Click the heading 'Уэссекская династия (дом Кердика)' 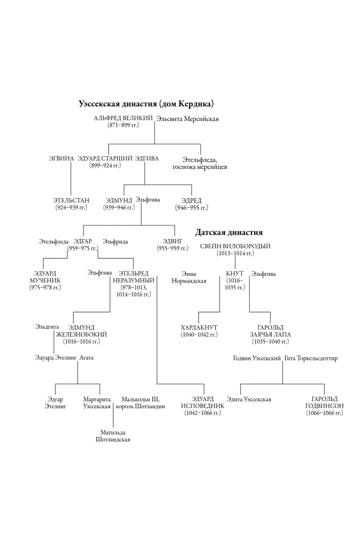click(146, 104)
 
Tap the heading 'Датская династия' click(229, 233)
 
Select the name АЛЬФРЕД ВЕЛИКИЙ click(123, 118)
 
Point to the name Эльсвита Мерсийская click(188, 119)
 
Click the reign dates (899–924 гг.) click(105, 165)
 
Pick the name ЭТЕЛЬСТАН click(71, 201)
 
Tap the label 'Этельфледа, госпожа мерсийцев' click(200, 164)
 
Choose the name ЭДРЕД click(191, 201)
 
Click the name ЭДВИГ click(172, 241)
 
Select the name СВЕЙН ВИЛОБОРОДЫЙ click(235, 247)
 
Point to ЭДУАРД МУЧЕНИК click(45, 277)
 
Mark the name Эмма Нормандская click(189, 278)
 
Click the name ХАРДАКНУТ click(199, 327)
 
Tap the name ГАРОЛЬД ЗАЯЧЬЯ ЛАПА click(271, 331)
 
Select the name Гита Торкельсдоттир click(311, 358)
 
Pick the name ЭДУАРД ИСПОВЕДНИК click(203, 402)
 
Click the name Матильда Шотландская click(113, 436)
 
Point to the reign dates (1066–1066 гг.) click(324, 413)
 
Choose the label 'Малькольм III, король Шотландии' click(140, 403)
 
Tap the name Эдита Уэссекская click(249, 399)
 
